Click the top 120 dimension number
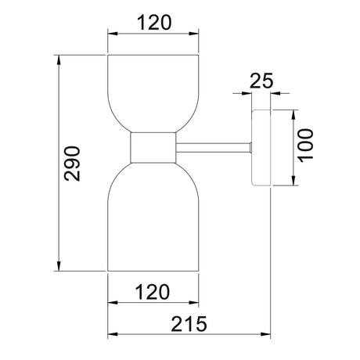(154, 23)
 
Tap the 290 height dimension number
(72, 164)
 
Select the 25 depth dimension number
(261, 81)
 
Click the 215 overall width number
(189, 324)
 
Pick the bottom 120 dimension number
(153, 292)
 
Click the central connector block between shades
(153, 148)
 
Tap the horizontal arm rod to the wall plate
(214, 148)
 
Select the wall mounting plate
(261, 148)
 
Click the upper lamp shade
(153, 93)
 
